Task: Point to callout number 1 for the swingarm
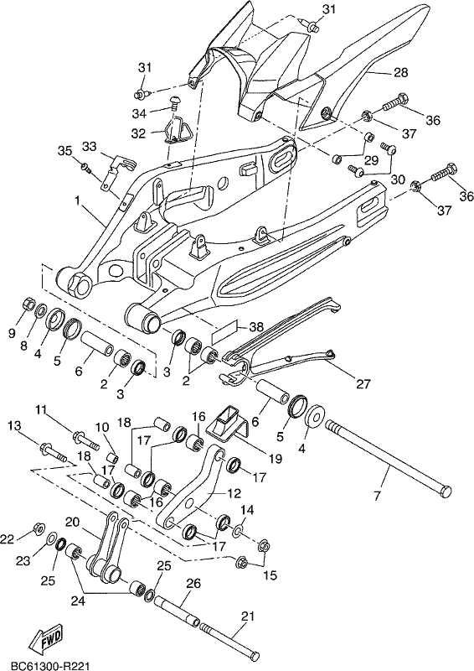click(x=77, y=200)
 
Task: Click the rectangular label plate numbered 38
click(x=224, y=330)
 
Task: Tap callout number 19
click(x=276, y=459)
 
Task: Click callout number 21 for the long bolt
click(x=249, y=616)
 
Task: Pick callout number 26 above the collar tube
click(x=193, y=584)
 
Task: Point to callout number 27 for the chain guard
click(x=363, y=384)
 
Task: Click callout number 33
click(x=90, y=146)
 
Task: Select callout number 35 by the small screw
click(x=65, y=151)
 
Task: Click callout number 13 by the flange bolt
click(x=13, y=425)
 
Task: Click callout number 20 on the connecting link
click(x=73, y=523)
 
